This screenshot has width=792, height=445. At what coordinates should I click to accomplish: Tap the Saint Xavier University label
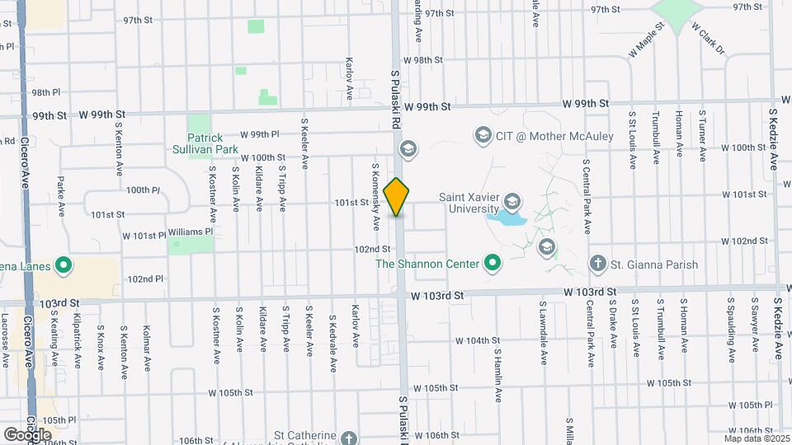(463, 204)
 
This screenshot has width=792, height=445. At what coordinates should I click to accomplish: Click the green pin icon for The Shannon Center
(493, 264)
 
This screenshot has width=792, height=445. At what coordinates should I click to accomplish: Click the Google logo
(27, 434)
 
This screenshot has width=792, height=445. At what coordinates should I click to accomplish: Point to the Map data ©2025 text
(756, 438)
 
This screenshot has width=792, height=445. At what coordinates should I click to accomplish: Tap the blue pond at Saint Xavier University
(507, 219)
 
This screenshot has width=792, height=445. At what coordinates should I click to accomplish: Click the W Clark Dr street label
(707, 39)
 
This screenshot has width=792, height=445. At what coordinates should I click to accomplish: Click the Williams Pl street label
(190, 232)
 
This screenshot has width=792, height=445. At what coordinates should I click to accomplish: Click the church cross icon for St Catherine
(348, 438)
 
